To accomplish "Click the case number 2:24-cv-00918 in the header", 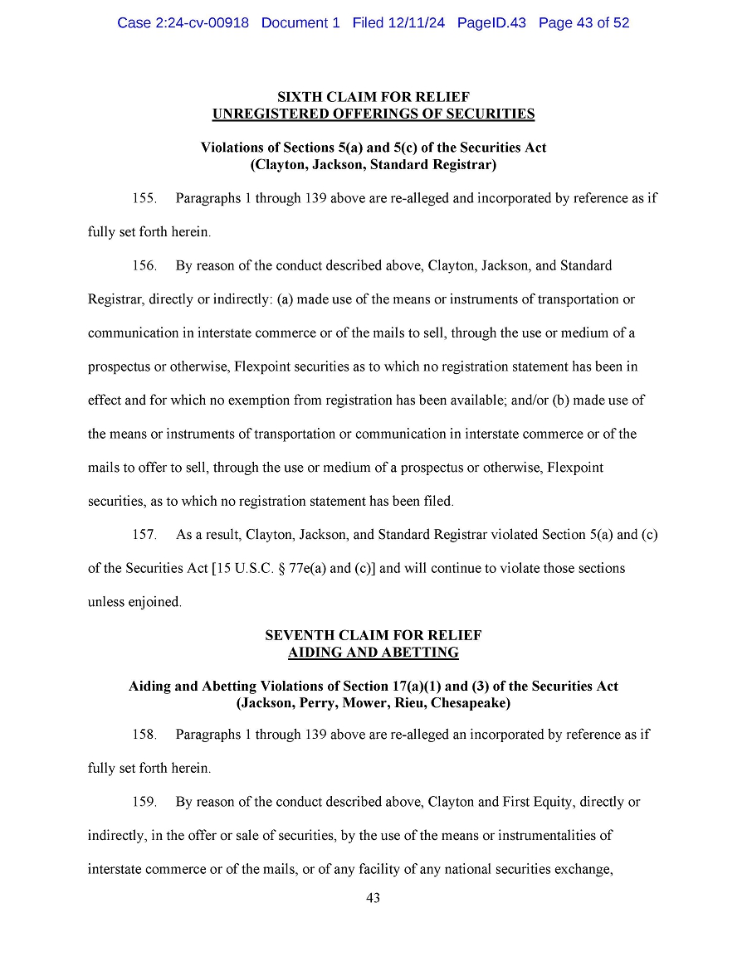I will pyautogui.click(x=201, y=23).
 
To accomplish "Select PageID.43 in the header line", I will pyautogui.click(x=491, y=23).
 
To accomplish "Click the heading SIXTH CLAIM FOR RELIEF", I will pyautogui.click(x=373, y=98).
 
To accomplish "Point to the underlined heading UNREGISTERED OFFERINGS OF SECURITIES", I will pyautogui.click(x=373, y=114).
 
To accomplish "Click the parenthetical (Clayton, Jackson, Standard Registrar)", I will pyautogui.click(x=373, y=164).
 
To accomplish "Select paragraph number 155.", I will pyautogui.click(x=144, y=198).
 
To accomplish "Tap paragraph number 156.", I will pyautogui.click(x=144, y=265).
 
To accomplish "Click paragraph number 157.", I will pyautogui.click(x=144, y=534).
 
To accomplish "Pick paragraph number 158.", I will pyautogui.click(x=144, y=734).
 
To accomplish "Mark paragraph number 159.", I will pyautogui.click(x=144, y=802).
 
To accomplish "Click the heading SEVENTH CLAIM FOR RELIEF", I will pyautogui.click(x=373, y=635).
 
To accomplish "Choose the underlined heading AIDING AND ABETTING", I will pyautogui.click(x=373, y=652).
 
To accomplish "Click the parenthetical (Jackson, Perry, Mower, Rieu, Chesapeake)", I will pyautogui.click(x=373, y=702).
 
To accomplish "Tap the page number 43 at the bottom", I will pyautogui.click(x=373, y=898).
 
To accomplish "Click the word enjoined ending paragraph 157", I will pyautogui.click(x=154, y=602).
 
